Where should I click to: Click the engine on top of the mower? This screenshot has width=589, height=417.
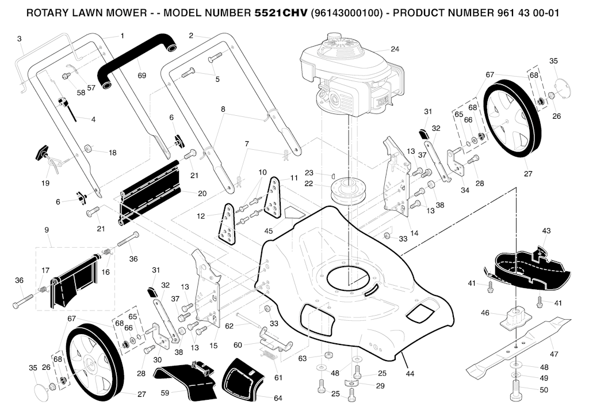click(x=345, y=75)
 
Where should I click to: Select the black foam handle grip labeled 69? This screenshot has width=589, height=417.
click(x=136, y=58)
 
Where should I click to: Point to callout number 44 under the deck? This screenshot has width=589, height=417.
click(x=410, y=374)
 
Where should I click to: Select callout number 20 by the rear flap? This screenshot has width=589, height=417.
click(x=202, y=194)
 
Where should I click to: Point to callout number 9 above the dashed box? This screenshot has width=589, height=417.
click(x=46, y=230)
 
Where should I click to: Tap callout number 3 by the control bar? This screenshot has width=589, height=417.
click(x=19, y=39)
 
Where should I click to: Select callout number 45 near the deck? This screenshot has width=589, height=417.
click(x=268, y=231)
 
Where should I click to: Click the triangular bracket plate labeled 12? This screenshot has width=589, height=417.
click(x=227, y=225)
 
